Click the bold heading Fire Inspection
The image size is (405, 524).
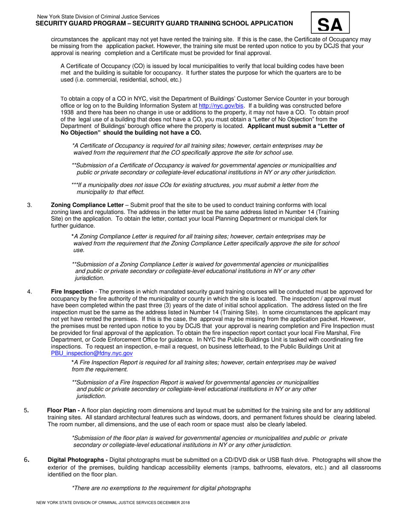pyautogui.click(x=72, y=291)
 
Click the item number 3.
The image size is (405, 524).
pyautogui.click(x=29, y=205)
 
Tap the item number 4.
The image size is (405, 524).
pyautogui.click(x=29, y=291)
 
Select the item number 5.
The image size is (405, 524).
pyautogui.click(x=26, y=410)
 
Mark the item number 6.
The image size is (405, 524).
pyautogui.click(x=26, y=460)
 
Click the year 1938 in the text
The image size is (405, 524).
pyautogui.click(x=68, y=112)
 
